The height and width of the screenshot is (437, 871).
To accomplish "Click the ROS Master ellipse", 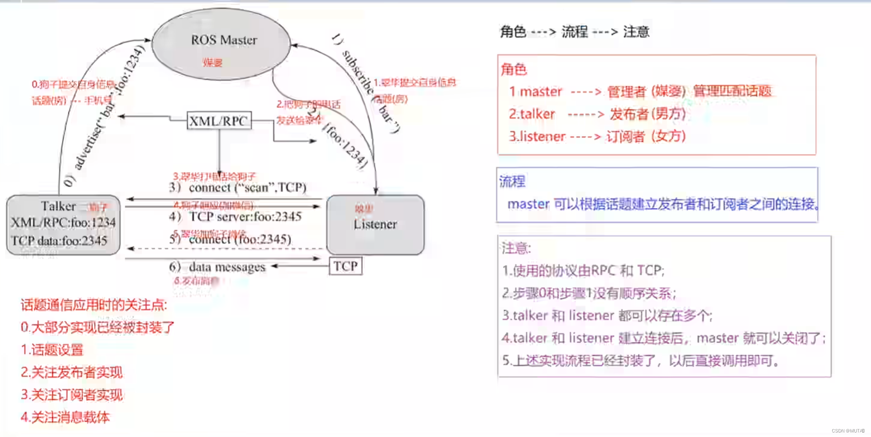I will (221, 44).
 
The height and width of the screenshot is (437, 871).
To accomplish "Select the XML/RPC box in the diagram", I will (219, 121).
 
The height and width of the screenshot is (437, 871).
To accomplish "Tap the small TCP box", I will (345, 266).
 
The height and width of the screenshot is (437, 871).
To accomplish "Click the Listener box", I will (375, 224).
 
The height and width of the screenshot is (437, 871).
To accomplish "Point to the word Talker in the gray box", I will (58, 206).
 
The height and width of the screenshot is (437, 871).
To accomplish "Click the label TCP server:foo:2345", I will (245, 217).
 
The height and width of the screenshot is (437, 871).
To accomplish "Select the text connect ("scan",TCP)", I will (247, 187).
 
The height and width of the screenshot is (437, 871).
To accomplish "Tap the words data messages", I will (227, 267).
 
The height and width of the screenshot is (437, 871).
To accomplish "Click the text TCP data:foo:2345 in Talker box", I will (59, 241).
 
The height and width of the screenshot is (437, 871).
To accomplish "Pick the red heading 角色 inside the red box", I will (514, 69).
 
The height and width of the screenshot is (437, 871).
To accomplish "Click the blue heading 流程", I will (512, 182).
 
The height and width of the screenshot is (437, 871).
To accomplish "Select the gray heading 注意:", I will (516, 248).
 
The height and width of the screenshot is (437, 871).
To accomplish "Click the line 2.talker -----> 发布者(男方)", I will (597, 114).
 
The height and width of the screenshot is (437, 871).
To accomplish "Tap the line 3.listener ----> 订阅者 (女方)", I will (597, 136).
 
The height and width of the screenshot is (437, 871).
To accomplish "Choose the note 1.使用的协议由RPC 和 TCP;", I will (583, 271).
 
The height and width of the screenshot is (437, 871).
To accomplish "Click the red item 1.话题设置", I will (52, 350).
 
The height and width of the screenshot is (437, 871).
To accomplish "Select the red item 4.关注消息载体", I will (65, 417).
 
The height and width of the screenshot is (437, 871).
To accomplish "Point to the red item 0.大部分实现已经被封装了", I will (98, 327).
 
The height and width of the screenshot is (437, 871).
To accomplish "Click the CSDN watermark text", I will (848, 431).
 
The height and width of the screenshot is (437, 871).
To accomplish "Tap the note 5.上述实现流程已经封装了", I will (640, 361).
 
